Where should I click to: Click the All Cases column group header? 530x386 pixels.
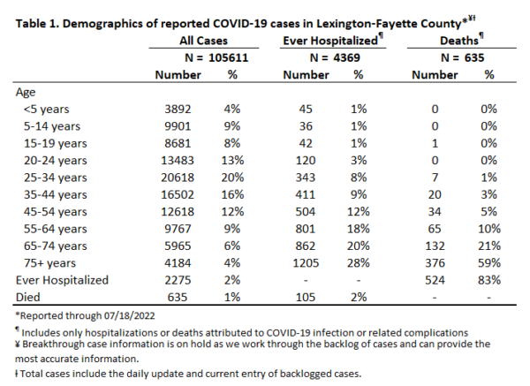click(x=203, y=41)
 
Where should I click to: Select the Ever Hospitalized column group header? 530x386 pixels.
click(x=330, y=41)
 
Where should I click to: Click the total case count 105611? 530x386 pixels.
click(x=228, y=57)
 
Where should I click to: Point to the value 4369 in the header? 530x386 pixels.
click(x=346, y=57)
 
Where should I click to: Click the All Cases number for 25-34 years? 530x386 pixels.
click(x=178, y=178)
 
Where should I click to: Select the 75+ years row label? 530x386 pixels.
click(x=49, y=263)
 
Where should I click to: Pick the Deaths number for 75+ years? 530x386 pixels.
click(x=435, y=263)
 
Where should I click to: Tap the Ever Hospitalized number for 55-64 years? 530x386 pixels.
click(x=306, y=229)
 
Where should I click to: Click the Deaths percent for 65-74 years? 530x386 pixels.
click(x=489, y=246)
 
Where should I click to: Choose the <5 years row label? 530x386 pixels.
click(x=46, y=110)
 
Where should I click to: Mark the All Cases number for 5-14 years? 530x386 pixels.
click(x=178, y=126)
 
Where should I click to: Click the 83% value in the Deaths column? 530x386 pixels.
click(x=489, y=280)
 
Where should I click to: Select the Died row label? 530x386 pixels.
click(x=28, y=297)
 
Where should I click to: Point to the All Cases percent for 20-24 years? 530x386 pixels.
click(x=232, y=160)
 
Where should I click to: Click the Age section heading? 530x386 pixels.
click(x=26, y=93)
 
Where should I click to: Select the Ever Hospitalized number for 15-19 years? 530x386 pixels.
click(x=306, y=143)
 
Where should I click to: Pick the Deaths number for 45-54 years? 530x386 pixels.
click(x=435, y=212)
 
